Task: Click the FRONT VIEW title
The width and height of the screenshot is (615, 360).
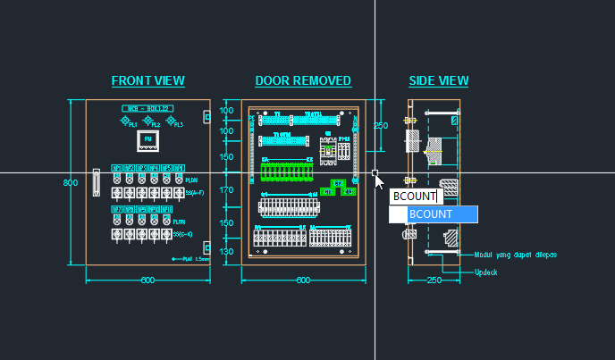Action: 147,81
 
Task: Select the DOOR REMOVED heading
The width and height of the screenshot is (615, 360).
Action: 303,81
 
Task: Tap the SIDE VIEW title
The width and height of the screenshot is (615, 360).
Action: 438,81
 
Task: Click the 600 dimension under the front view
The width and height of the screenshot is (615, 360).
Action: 147,280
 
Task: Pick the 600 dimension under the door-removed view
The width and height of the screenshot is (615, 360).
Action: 303,280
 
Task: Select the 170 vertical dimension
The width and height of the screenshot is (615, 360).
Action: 226,190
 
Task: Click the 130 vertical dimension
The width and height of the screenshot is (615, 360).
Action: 226,253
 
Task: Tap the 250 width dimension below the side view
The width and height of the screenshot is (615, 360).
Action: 434,280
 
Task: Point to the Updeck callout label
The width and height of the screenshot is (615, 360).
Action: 485,272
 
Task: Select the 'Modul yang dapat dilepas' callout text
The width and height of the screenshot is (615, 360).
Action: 515,255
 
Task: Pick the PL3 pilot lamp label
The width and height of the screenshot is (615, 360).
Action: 178,124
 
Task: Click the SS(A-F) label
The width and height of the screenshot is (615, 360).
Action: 193,192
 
